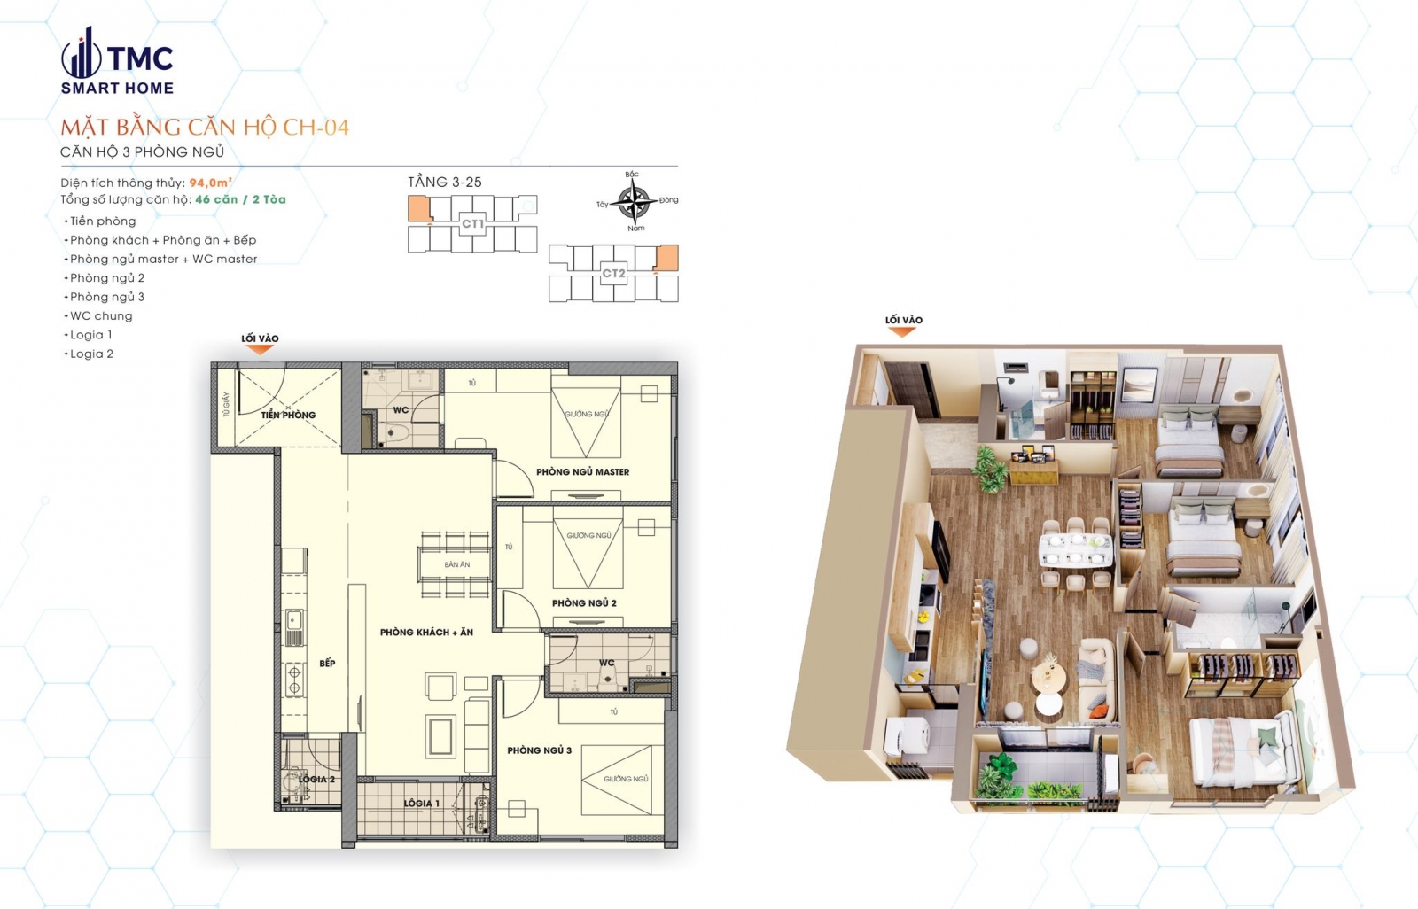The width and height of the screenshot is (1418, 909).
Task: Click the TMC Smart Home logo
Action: (x=116, y=62)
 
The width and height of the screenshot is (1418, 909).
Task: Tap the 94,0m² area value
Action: (x=210, y=183)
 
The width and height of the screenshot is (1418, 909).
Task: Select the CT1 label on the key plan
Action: (x=472, y=224)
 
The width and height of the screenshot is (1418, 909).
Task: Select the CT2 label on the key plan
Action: (x=613, y=273)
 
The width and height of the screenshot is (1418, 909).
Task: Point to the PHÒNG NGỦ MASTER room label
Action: (x=582, y=472)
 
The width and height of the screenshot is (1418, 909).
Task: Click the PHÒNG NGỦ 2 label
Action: (x=584, y=603)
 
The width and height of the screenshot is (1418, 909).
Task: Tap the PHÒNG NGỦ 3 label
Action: (x=539, y=750)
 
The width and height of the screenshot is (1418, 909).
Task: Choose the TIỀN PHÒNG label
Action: (x=288, y=415)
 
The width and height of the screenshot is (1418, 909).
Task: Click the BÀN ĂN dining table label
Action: (x=457, y=564)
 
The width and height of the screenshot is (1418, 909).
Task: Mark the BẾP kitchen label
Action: (x=327, y=663)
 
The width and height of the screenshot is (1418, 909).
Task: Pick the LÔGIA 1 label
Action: (x=421, y=804)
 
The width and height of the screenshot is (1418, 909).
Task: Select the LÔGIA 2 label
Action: (x=316, y=780)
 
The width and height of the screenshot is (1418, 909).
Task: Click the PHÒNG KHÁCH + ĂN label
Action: (x=426, y=633)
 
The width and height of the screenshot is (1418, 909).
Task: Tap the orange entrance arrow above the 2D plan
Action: (x=260, y=350)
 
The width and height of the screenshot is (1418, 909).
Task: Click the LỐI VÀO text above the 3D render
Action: (x=903, y=320)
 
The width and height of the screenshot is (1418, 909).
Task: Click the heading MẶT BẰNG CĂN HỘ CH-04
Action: (x=205, y=128)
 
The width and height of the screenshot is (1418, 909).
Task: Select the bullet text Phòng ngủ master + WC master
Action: (x=163, y=260)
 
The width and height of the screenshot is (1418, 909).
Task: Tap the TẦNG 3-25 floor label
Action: (x=445, y=182)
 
